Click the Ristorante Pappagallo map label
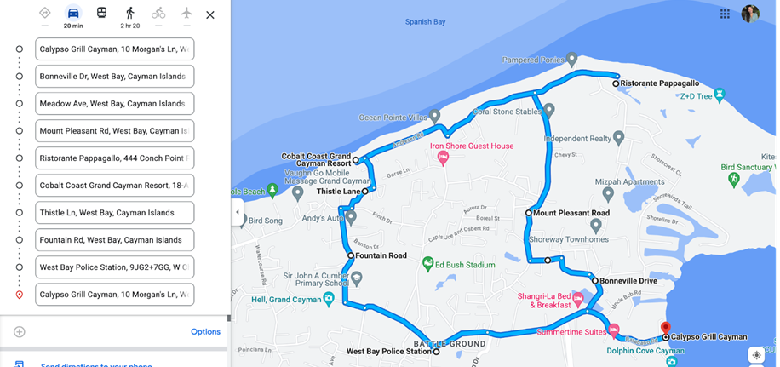point(659,83)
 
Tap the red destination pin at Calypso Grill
point(667,328)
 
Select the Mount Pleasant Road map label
point(571,213)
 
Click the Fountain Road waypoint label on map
point(381,255)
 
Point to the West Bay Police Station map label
point(388,351)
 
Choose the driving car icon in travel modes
point(73,14)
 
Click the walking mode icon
point(129,14)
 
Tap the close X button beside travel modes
point(210,14)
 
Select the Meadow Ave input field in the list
point(114,104)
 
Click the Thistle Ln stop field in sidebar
point(114,213)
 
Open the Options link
point(205,332)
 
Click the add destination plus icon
point(20,332)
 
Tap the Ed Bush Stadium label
point(464,265)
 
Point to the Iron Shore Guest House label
point(471,146)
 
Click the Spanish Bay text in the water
point(425,22)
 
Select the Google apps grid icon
point(725,14)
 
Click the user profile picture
point(750,14)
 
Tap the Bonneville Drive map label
point(628,280)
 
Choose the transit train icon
point(101,14)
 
